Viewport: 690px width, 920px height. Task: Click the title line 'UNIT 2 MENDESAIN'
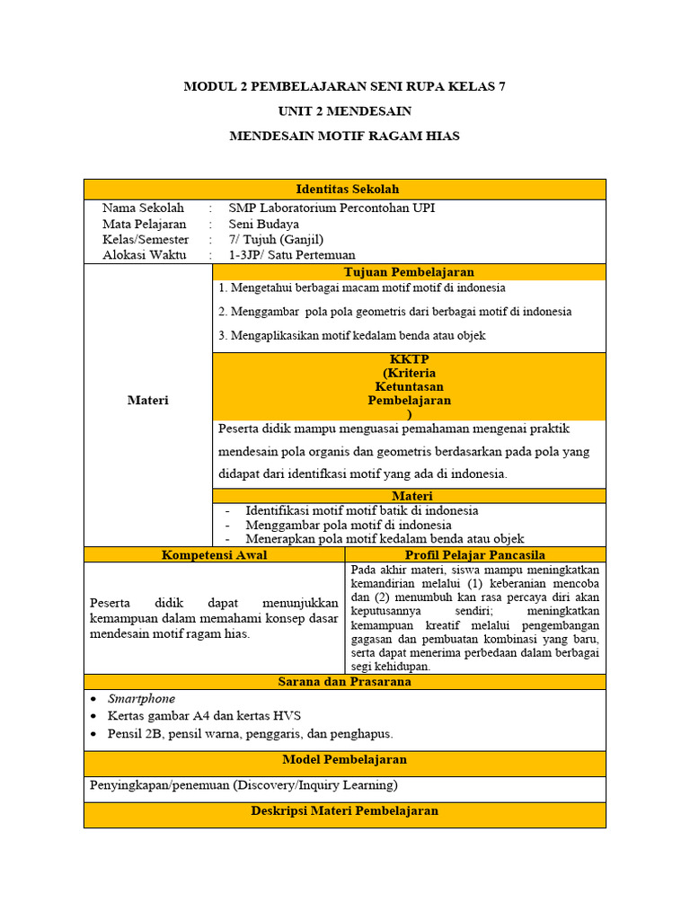(x=345, y=111)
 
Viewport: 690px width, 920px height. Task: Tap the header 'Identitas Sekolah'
(x=347, y=189)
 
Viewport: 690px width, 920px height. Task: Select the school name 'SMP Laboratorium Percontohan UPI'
(x=332, y=208)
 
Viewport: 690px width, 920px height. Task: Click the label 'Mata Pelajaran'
(x=144, y=224)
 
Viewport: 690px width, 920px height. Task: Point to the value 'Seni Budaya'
(x=263, y=224)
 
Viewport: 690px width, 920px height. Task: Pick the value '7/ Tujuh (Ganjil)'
(x=275, y=239)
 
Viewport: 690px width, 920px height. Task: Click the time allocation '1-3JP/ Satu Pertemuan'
(x=291, y=254)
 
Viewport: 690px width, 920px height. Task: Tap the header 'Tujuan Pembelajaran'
(x=409, y=271)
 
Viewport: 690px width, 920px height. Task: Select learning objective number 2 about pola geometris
(x=394, y=312)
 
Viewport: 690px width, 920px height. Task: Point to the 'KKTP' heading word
(x=410, y=358)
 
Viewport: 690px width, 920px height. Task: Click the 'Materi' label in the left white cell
(x=147, y=400)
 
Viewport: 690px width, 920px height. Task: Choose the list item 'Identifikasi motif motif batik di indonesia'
(x=361, y=510)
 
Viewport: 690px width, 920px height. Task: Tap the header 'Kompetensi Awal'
(x=214, y=554)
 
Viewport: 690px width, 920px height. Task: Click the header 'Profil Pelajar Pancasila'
(x=475, y=554)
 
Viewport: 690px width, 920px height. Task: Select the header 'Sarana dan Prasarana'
(x=344, y=681)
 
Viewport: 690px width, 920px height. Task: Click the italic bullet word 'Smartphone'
(x=141, y=698)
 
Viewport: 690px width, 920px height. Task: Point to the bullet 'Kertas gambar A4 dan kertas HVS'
(x=204, y=715)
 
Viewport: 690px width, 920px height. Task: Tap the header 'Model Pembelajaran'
(x=344, y=759)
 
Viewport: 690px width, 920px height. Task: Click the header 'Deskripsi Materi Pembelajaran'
(x=344, y=810)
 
